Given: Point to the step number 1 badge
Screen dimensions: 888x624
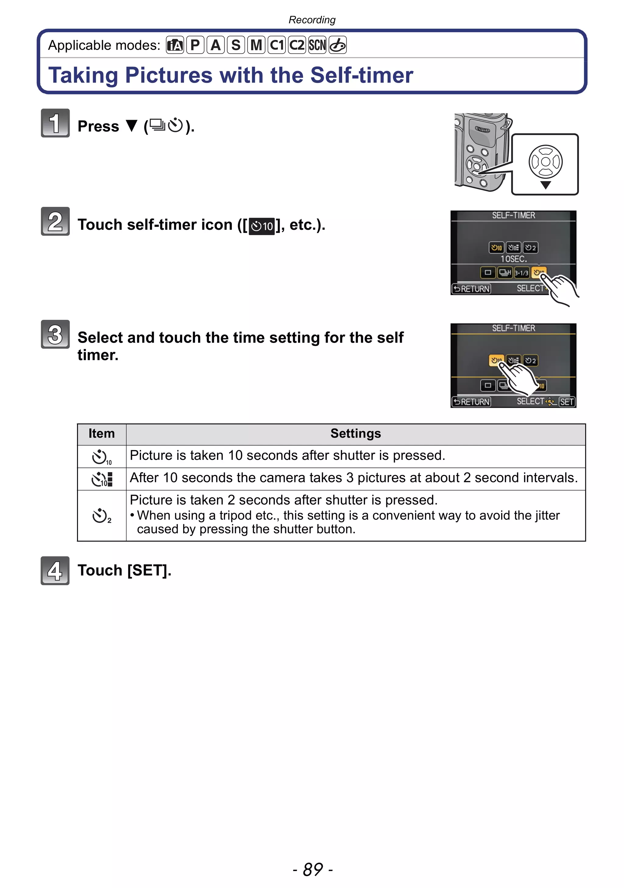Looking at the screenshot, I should click(x=55, y=123).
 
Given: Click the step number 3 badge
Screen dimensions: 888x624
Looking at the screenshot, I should click(x=55, y=334).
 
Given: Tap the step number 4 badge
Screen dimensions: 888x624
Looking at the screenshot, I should click(x=55, y=570).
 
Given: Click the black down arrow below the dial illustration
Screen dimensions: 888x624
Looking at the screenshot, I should click(x=545, y=185).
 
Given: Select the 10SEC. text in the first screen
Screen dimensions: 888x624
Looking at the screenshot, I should click(x=513, y=259).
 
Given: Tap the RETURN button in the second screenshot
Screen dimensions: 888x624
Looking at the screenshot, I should click(x=471, y=402).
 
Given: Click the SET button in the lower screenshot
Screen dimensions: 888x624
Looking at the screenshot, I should click(x=566, y=402).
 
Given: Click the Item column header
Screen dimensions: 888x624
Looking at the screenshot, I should click(x=102, y=434).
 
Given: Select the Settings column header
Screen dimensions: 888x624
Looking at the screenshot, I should click(x=355, y=434).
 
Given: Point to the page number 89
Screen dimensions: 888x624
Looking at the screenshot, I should click(x=312, y=869).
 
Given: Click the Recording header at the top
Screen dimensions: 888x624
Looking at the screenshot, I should click(x=312, y=20).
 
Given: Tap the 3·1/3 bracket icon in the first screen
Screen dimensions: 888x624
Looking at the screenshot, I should click(x=521, y=273).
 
